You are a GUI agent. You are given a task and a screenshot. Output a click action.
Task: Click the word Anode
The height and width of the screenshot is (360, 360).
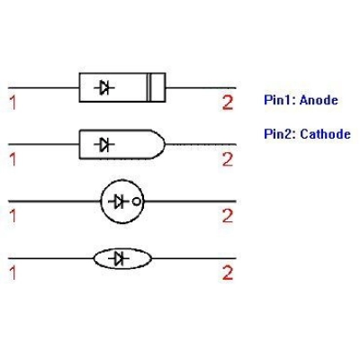tap(319, 100)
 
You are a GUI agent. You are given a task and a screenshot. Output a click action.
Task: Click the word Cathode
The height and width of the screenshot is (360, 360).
tap(325, 134)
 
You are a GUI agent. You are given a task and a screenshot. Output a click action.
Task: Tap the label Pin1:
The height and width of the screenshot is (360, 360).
tap(280, 100)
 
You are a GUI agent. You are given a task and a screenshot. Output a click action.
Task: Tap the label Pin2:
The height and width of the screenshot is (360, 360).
tap(280, 134)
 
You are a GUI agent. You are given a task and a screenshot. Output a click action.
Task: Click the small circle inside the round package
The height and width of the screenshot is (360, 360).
tap(136, 202)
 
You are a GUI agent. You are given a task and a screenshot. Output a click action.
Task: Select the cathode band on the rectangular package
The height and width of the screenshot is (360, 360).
tap(148, 87)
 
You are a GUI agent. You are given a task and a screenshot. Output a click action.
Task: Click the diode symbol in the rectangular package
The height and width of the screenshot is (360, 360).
tap(104, 87)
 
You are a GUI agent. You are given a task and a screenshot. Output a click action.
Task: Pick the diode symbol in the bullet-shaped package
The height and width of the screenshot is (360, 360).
tap(104, 145)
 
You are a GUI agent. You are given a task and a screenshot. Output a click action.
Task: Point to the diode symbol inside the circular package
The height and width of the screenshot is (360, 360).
tap(119, 202)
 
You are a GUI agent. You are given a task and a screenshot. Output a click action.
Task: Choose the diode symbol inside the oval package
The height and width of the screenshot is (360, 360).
tap(119, 258)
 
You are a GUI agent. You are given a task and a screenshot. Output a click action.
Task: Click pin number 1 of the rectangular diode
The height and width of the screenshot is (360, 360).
tap(13, 103)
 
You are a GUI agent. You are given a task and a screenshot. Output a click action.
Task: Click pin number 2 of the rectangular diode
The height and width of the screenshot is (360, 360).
tap(228, 103)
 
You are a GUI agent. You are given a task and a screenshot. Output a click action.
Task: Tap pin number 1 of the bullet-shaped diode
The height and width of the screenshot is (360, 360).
tap(13, 159)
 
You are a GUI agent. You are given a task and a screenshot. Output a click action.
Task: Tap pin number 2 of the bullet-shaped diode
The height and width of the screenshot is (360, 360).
tap(228, 159)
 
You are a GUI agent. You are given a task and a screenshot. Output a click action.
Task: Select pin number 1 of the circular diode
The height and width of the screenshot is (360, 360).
tap(13, 216)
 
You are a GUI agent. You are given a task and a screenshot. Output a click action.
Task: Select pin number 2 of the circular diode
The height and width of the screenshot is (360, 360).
tap(228, 216)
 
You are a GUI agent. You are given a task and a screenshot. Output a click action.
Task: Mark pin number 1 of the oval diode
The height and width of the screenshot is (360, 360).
tap(13, 273)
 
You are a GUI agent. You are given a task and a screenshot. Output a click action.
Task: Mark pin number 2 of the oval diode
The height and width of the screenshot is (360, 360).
tap(228, 273)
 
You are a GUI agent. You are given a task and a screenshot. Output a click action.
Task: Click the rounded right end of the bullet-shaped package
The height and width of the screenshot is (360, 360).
tap(165, 144)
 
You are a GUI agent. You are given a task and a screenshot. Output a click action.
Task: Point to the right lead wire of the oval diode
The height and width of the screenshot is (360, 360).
tap(193, 258)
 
